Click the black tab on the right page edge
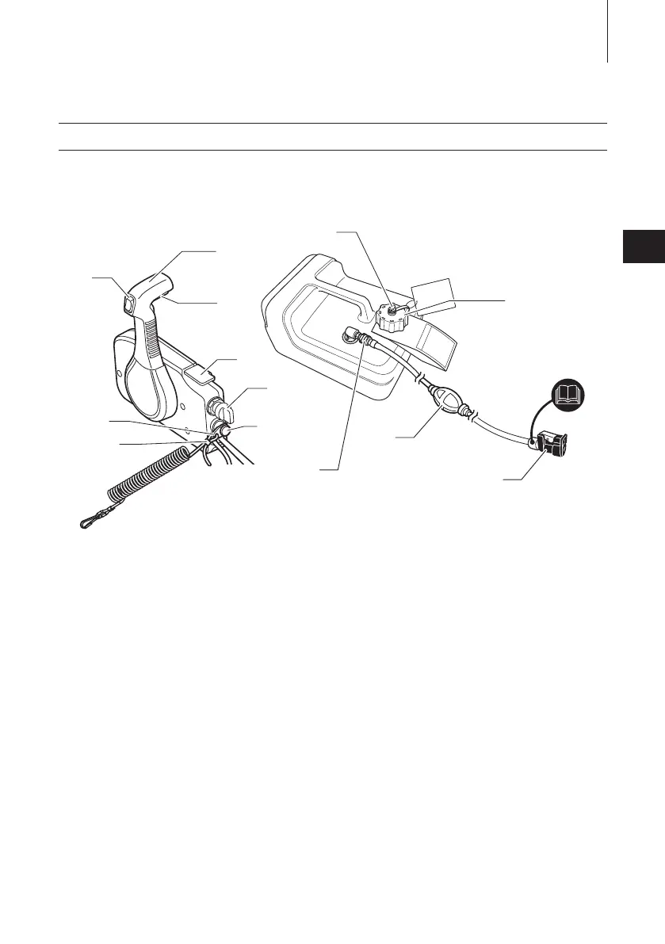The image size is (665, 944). point(643,247)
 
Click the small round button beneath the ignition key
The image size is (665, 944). point(224,429)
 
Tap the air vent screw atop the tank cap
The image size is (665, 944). point(390,311)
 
